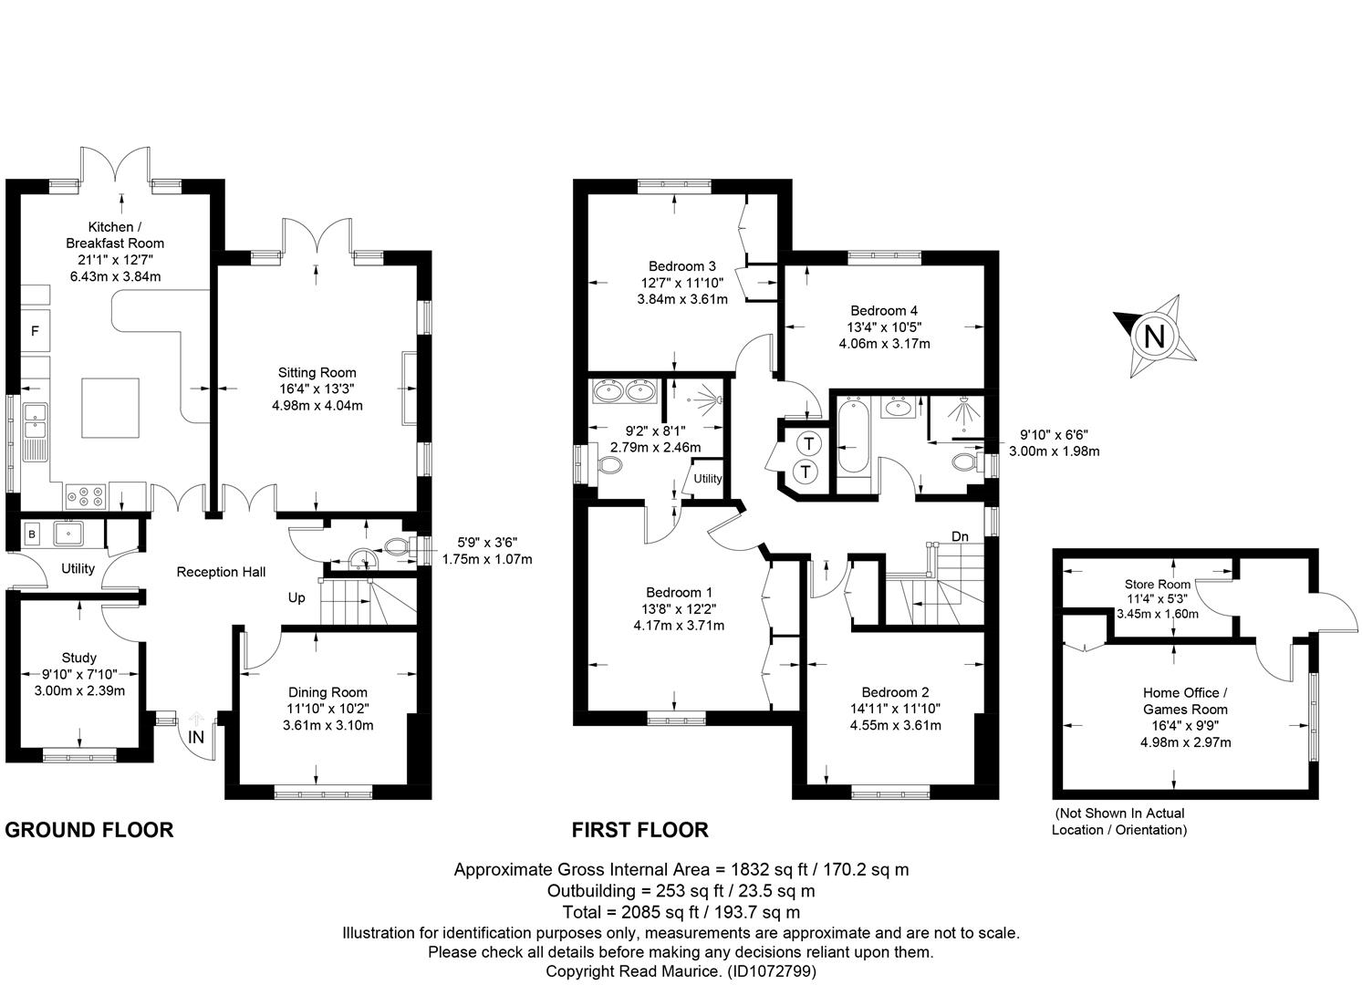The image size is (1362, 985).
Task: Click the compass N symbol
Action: (x=1154, y=336)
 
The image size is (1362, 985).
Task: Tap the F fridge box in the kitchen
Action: (x=36, y=331)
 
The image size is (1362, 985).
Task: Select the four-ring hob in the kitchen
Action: (x=86, y=496)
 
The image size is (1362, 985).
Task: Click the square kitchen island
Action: (x=110, y=408)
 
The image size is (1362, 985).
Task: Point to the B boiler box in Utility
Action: (x=32, y=534)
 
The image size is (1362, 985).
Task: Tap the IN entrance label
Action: (x=196, y=737)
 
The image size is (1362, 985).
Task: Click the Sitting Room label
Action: (x=317, y=373)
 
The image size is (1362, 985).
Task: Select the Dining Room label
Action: (x=328, y=692)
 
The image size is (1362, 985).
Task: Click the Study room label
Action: (x=79, y=658)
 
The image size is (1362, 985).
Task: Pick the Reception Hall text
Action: (x=221, y=572)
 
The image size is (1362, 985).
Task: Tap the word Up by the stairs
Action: (x=296, y=598)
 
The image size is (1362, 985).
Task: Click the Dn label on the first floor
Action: (x=960, y=536)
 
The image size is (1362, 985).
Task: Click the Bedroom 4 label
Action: (x=884, y=311)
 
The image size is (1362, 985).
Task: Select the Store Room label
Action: (x=1157, y=585)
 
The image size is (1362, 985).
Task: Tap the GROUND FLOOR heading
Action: (x=89, y=831)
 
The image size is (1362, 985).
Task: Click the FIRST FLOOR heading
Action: (x=640, y=831)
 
